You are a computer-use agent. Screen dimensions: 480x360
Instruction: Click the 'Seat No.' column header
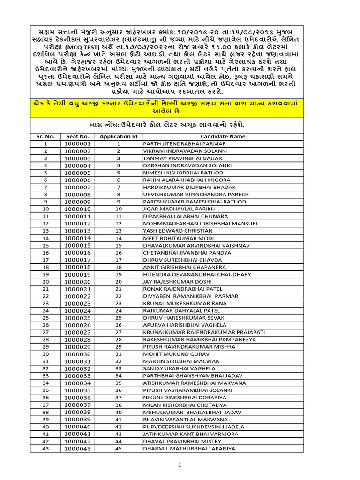(x=78, y=136)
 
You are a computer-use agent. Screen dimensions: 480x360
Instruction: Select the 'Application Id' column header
(x=119, y=136)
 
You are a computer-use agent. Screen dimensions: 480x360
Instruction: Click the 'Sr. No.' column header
(x=45, y=136)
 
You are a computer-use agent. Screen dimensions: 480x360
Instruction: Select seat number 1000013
(x=78, y=231)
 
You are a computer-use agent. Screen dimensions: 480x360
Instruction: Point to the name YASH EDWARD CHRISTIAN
(x=178, y=231)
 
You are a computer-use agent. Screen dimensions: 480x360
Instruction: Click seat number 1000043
(x=78, y=449)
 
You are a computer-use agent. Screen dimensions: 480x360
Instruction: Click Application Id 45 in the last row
(x=119, y=449)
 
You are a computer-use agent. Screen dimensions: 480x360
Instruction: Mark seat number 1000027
(x=78, y=332)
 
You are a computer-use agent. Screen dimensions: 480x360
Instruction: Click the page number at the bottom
(x=179, y=465)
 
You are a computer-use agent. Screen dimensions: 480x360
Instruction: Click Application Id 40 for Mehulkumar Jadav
(x=119, y=412)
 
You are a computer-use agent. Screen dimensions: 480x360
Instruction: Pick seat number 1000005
(x=78, y=172)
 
